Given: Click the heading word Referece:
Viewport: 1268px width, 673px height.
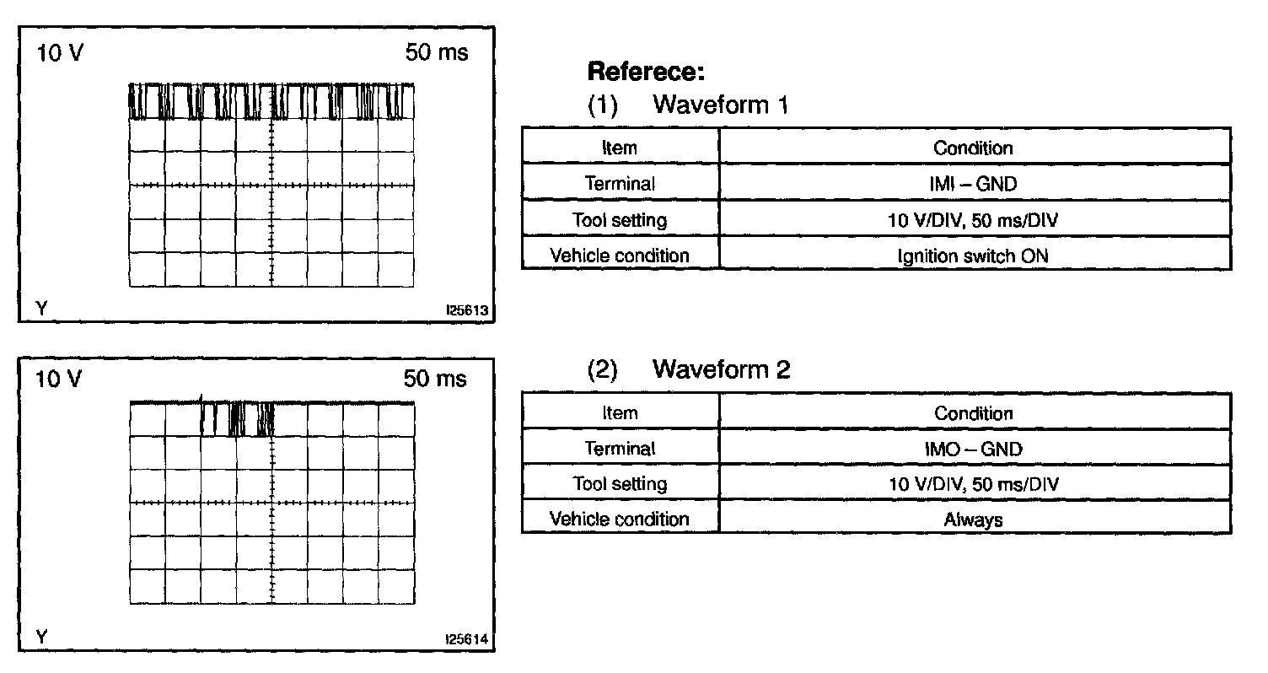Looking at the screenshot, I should (645, 72).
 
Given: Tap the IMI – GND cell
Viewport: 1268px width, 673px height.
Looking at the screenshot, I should (975, 183).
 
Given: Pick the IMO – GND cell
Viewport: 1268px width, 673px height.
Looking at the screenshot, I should (974, 449).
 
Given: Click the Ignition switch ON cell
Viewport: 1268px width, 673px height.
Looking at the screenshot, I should (974, 256).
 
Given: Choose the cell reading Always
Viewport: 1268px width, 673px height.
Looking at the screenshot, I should (974, 520).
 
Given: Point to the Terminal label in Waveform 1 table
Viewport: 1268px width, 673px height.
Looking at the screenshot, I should (620, 183).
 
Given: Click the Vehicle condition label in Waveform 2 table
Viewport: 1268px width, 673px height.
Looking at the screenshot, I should (620, 519).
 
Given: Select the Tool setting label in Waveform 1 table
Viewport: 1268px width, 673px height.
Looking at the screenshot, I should (620, 220).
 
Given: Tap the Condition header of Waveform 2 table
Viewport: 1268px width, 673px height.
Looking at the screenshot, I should (974, 413).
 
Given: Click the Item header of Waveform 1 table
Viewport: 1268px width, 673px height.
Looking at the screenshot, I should (620, 148).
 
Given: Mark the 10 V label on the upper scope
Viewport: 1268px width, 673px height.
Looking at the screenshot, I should (59, 53).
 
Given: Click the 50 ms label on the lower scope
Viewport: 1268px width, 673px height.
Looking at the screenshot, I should (435, 379).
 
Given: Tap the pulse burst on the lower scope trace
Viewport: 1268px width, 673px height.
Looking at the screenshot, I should (238, 418).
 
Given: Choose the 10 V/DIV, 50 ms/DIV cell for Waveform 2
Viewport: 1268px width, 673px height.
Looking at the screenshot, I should (974, 484).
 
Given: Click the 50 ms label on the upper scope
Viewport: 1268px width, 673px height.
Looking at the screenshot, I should (436, 52).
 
